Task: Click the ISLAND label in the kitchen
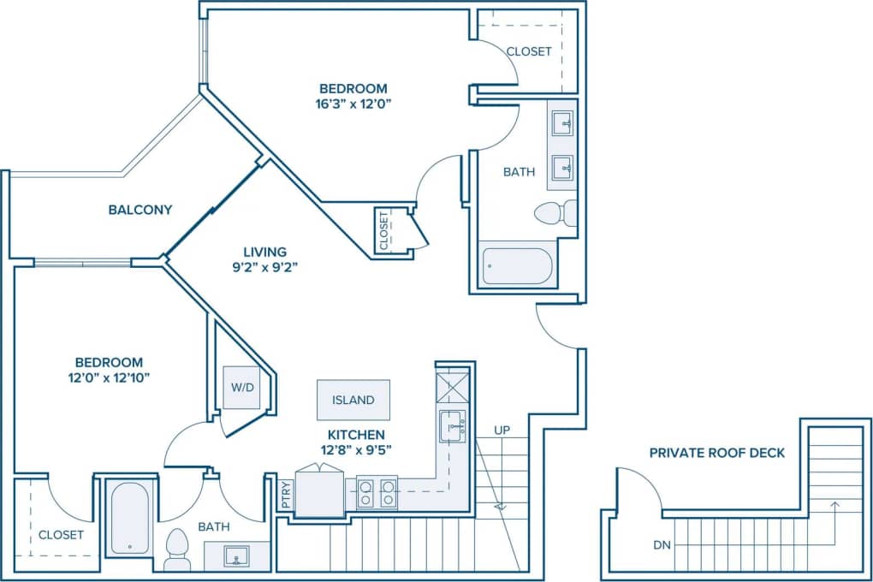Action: (353, 400)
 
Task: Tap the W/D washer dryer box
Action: (242, 387)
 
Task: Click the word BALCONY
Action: (140, 210)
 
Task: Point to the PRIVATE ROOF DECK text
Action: (716, 453)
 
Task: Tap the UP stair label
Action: (502, 430)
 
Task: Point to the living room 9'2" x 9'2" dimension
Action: (264, 267)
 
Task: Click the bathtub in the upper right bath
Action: (517, 266)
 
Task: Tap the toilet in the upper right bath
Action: (555, 212)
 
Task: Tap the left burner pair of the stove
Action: (365, 493)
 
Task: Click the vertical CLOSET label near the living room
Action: (383, 229)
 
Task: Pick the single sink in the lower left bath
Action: (236, 556)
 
